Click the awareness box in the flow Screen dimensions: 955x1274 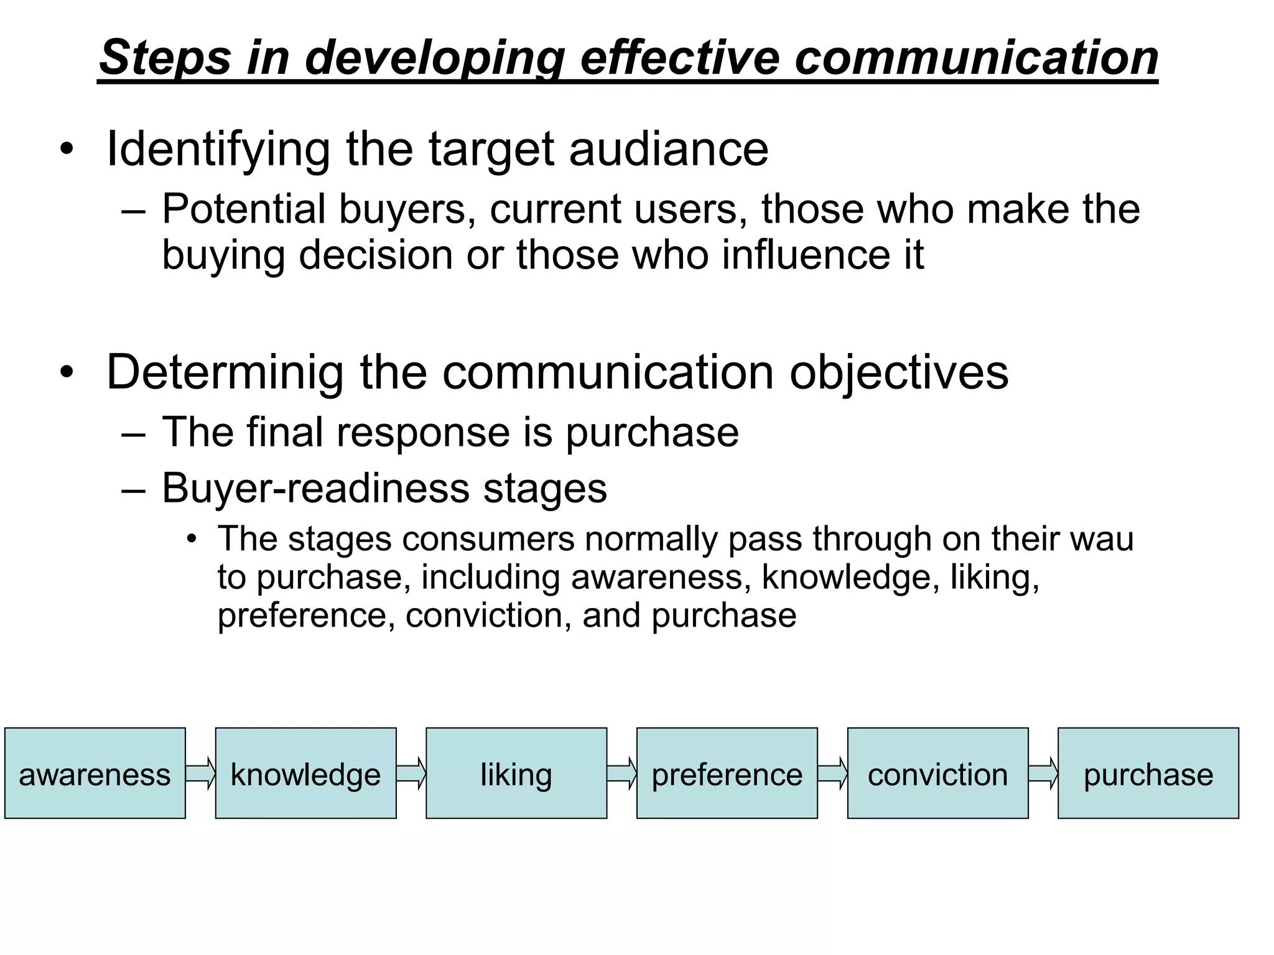pos(95,773)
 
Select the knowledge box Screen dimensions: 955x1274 pos(305,773)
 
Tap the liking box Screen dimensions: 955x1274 pos(516,773)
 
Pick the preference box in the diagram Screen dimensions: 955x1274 pos(727,773)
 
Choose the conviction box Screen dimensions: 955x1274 pos(937,773)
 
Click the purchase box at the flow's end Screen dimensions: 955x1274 pos(1148,773)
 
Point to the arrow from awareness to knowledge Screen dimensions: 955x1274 pos(200,773)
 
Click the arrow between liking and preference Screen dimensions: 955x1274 pos(621,773)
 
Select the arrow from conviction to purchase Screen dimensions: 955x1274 pos(1043,773)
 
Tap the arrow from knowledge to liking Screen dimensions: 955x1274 pos(411,773)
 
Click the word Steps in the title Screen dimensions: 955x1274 pos(165,57)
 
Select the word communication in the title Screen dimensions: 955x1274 pos(976,57)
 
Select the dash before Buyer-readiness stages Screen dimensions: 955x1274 pos(133,489)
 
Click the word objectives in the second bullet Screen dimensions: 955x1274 pos(899,372)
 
